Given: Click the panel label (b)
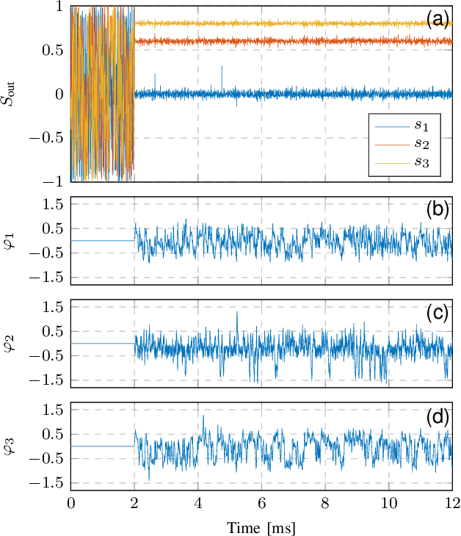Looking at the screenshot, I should click(x=438, y=210).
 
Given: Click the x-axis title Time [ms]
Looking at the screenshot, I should click(x=261, y=526).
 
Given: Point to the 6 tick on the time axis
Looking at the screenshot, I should click(x=261, y=504).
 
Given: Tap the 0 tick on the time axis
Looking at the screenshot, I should click(x=70, y=504).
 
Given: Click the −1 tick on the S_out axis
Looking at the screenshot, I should click(x=53, y=181).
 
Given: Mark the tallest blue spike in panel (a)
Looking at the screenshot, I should click(x=222, y=67).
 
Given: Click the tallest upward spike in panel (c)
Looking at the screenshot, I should click(x=236, y=312).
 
